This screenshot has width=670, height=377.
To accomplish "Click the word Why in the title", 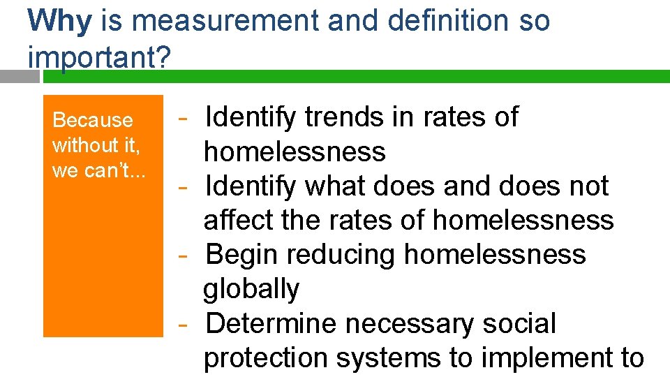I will pyautogui.click(x=59, y=21).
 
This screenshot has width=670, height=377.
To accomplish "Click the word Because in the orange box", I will pyautogui.click(x=93, y=120).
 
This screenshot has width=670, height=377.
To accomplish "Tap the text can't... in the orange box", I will pyautogui.click(x=116, y=170).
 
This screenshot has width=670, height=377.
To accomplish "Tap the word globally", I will pyautogui.click(x=251, y=288).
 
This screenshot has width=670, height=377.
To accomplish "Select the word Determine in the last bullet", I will pyautogui.click(x=271, y=323).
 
